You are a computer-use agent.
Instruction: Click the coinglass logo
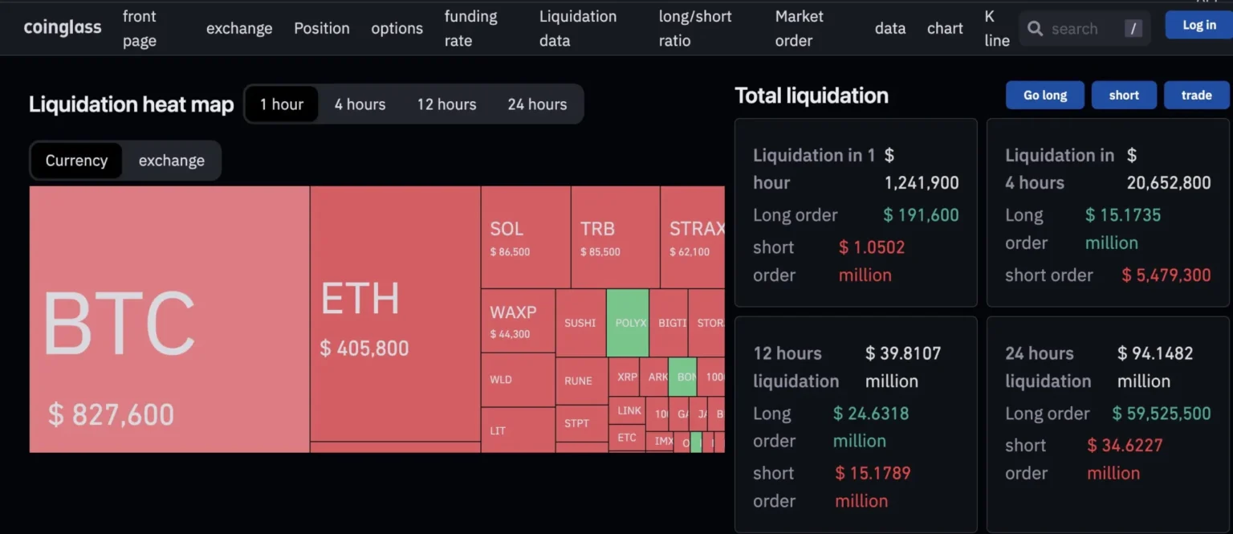(x=63, y=28)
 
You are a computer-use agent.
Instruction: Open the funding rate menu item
(x=470, y=28)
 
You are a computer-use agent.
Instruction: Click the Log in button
(x=1198, y=26)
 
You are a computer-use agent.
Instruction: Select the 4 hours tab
(x=360, y=104)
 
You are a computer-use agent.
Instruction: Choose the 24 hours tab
(x=537, y=104)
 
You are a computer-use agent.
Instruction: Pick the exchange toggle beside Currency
(x=171, y=161)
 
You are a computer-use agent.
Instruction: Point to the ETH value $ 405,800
(x=364, y=349)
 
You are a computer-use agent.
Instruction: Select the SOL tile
(x=525, y=238)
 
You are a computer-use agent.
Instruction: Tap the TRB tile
(x=615, y=238)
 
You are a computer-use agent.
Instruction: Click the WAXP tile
(x=518, y=320)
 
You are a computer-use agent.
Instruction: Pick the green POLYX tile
(x=628, y=323)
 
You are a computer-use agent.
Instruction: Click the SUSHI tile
(x=580, y=323)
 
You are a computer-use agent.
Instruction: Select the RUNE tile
(x=579, y=381)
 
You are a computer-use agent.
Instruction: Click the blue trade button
(x=1196, y=95)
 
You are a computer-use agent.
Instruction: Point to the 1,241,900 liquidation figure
(x=922, y=183)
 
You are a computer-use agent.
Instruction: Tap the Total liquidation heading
(x=812, y=96)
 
